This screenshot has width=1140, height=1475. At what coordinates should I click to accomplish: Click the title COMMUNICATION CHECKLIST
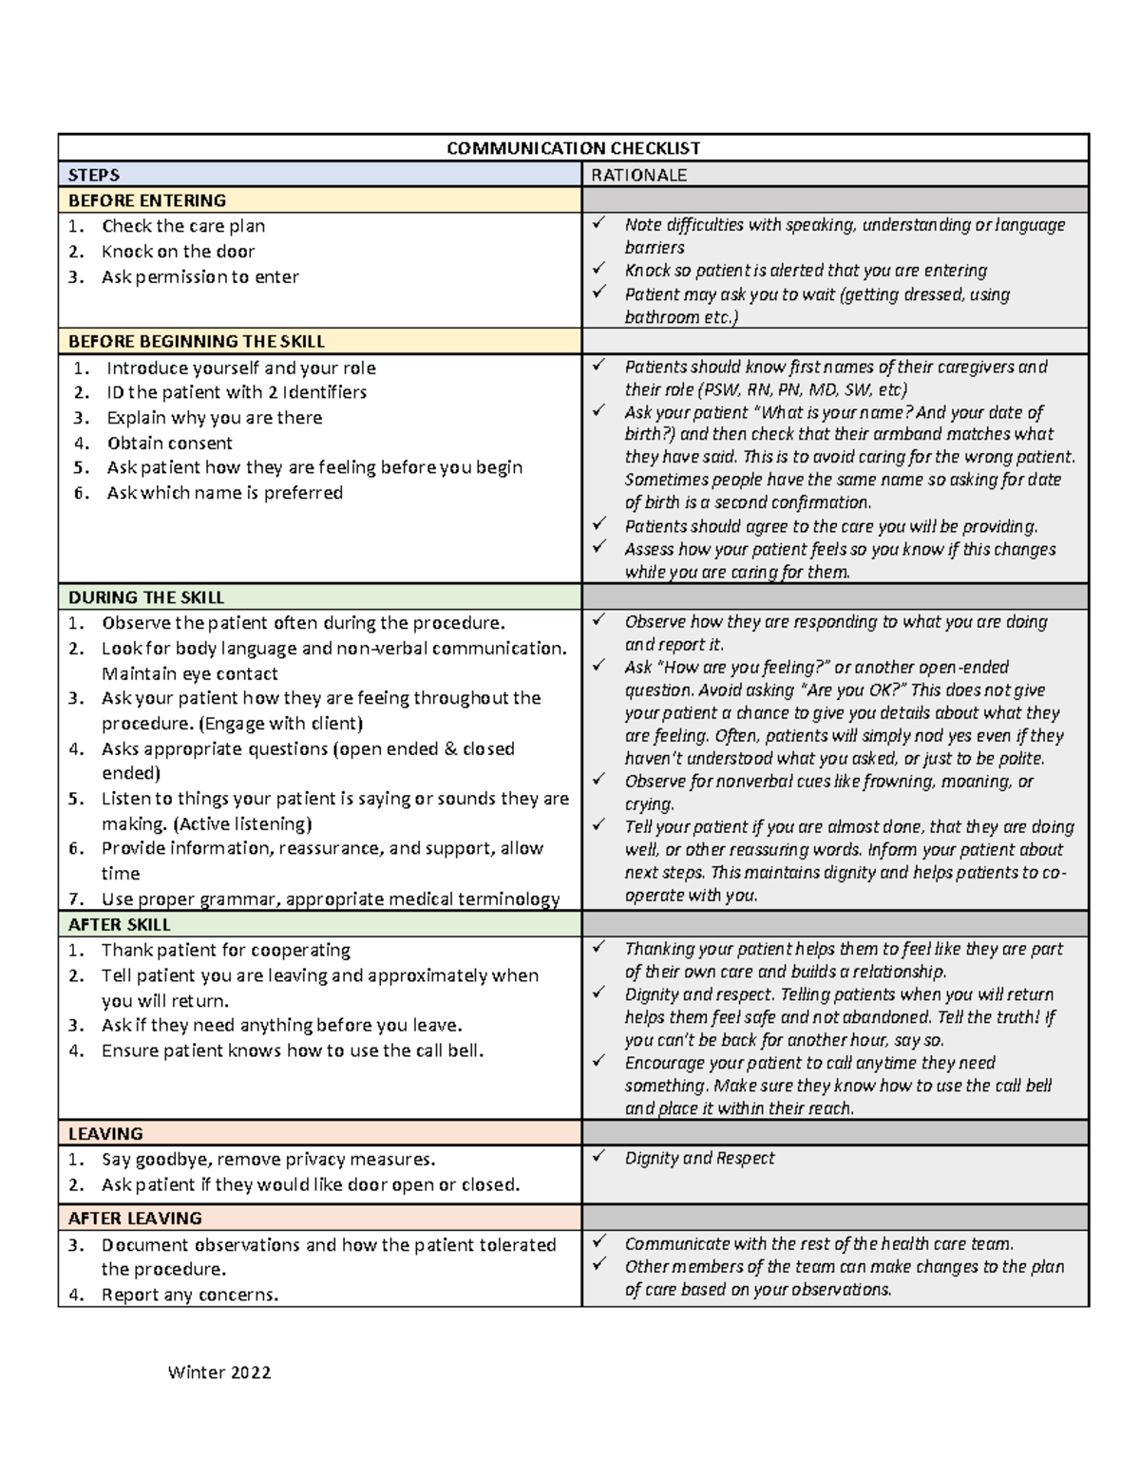coord(573,148)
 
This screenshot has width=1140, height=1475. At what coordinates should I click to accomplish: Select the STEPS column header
coord(94,175)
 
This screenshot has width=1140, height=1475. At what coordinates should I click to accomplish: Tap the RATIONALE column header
coord(638,175)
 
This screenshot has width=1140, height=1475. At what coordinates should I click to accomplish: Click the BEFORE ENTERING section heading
coord(147,200)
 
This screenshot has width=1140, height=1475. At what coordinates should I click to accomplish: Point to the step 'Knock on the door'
coord(178,252)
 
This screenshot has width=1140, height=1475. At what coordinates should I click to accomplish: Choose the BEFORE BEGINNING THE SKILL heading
coord(197,341)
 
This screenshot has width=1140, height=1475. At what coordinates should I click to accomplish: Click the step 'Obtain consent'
coord(169,443)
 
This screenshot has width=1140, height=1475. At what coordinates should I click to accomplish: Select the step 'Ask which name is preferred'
coord(224,493)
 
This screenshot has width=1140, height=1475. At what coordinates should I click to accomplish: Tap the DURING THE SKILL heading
coord(146,597)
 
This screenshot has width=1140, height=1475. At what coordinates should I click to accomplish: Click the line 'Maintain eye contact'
coord(189,674)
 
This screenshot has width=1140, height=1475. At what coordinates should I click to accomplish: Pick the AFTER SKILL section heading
coord(120,924)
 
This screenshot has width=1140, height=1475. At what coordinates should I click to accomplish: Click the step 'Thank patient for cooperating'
coord(226,950)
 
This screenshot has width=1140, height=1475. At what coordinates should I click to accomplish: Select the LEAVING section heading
coord(105,1133)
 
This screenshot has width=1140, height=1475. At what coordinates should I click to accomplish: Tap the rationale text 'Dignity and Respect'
coord(699,1158)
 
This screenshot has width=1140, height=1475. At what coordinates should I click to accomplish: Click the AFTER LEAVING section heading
coord(135,1218)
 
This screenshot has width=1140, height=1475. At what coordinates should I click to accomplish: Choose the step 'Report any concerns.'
coord(190,1295)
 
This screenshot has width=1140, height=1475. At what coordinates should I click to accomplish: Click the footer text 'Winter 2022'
coord(219,1372)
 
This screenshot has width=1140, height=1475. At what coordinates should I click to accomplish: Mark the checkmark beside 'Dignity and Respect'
coord(598,1157)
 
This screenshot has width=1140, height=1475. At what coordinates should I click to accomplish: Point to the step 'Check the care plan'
coord(183,226)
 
